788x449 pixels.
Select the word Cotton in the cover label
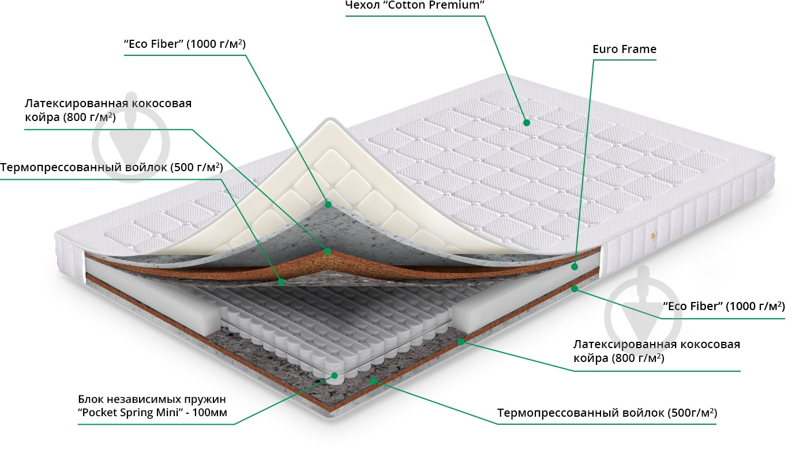[x=407, y=6]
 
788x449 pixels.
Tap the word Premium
[x=459, y=6]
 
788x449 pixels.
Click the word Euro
[x=605, y=50]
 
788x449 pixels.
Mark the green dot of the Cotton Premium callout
[x=526, y=122]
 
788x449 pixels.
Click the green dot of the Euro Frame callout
[x=575, y=267]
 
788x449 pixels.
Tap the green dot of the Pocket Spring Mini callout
[x=334, y=376]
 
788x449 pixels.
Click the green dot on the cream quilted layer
[x=328, y=204]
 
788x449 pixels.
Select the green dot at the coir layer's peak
[x=328, y=251]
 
